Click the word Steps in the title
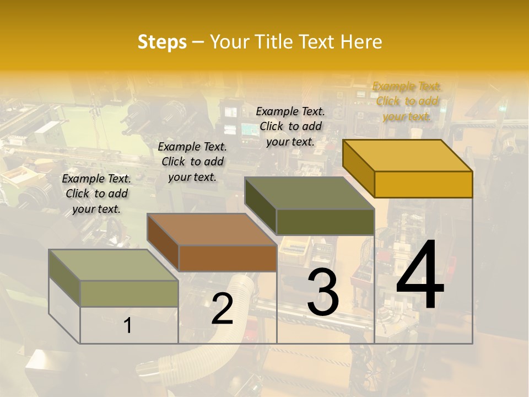click(x=162, y=42)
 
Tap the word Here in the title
click(x=361, y=42)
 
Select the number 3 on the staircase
click(x=323, y=292)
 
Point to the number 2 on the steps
click(x=222, y=309)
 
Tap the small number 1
click(x=128, y=326)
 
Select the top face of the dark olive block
click(x=309, y=193)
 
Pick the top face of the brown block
click(x=212, y=229)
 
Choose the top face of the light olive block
click(x=113, y=265)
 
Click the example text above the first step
click(x=96, y=194)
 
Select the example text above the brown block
click(x=192, y=162)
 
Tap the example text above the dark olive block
click(x=290, y=126)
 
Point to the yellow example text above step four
click(x=407, y=101)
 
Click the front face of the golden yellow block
click(x=423, y=184)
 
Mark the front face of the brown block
click(x=228, y=258)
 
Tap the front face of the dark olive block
click(x=325, y=222)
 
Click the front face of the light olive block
click(x=129, y=293)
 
